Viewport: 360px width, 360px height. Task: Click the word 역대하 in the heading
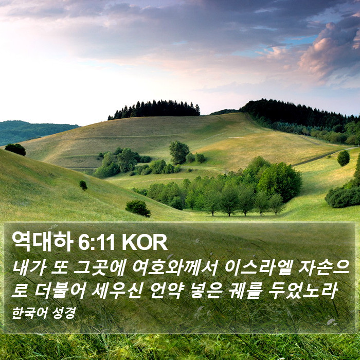[43, 242]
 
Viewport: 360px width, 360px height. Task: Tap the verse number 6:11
[97, 242]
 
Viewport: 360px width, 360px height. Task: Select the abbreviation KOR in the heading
[145, 242]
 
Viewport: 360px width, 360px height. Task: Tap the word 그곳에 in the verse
[99, 268]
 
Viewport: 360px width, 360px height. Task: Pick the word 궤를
[246, 291]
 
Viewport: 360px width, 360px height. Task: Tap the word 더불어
[60, 291]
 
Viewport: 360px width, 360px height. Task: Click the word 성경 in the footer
[64, 313]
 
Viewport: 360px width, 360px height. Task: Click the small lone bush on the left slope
[83, 185]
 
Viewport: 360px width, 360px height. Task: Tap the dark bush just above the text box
[138, 208]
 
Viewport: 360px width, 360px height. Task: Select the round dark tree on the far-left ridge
[15, 150]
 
